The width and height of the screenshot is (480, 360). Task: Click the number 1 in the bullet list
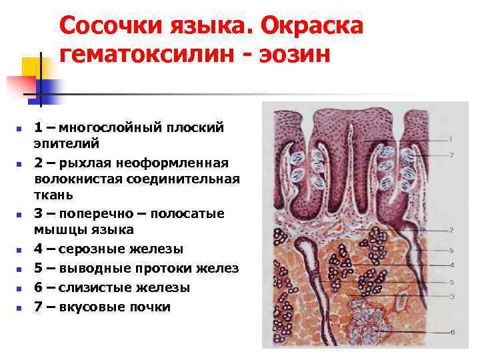point(39,127)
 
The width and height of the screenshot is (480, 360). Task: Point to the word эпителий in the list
point(67,143)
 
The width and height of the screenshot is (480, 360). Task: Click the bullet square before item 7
point(19,308)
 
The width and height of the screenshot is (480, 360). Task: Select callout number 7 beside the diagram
point(451,155)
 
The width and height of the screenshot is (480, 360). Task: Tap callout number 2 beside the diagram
point(451,230)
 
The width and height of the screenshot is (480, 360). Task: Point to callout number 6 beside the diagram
point(451,331)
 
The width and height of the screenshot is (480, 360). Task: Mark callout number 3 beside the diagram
point(451,296)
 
